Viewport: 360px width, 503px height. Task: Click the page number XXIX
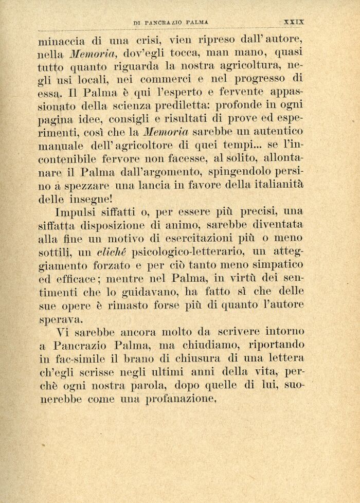[x=294, y=22]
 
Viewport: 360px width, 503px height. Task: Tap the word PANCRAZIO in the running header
[x=165, y=23]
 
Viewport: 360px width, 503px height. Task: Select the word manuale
[x=58, y=146]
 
